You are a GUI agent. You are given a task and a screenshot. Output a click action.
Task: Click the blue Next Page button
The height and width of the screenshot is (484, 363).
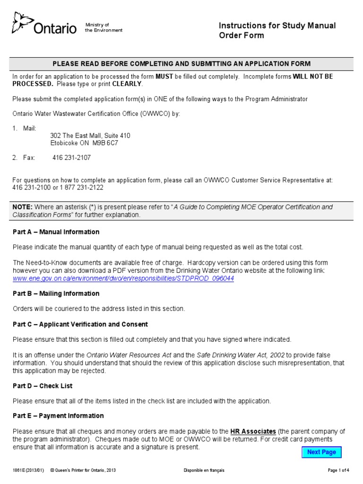tap(321, 452)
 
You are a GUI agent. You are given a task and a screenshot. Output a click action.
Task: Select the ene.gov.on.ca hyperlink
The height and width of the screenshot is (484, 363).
tap(123, 278)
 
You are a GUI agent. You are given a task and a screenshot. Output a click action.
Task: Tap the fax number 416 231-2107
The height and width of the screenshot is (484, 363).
tap(71, 158)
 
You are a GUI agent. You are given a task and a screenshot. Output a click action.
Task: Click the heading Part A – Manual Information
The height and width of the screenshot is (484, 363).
tap(56, 232)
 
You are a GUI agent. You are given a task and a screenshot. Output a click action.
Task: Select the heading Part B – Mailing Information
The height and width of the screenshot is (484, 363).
tap(56, 294)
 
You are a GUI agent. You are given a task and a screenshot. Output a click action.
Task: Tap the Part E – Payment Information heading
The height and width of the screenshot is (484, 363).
tap(58, 416)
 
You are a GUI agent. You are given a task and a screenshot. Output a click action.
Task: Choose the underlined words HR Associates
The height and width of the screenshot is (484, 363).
tap(253, 432)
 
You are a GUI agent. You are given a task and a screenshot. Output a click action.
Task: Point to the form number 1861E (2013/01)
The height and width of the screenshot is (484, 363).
tap(28, 470)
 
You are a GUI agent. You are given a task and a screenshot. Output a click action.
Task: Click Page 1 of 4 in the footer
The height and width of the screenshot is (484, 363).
tap(338, 470)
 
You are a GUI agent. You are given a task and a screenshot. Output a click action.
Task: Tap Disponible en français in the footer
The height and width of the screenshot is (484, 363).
tap(204, 470)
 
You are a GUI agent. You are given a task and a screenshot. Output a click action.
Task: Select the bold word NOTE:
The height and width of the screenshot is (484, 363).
tap(23, 207)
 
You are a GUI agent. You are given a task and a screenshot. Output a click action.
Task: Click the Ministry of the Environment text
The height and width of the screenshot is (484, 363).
tap(104, 27)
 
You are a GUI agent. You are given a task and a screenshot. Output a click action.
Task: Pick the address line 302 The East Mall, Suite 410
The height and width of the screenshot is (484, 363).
tap(90, 136)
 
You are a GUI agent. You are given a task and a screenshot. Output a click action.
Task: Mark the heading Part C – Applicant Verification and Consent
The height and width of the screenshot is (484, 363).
tap(80, 324)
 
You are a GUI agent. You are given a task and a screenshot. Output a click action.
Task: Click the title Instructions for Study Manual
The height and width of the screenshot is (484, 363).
tap(277, 26)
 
